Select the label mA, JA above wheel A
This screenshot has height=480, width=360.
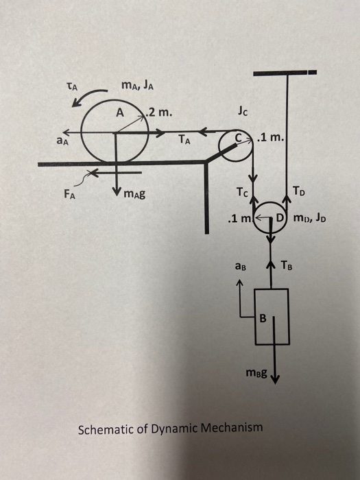click(x=130, y=86)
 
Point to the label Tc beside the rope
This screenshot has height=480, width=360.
click(x=240, y=191)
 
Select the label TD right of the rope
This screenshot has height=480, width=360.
click(x=300, y=191)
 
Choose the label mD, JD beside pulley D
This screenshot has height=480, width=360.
click(x=313, y=219)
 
